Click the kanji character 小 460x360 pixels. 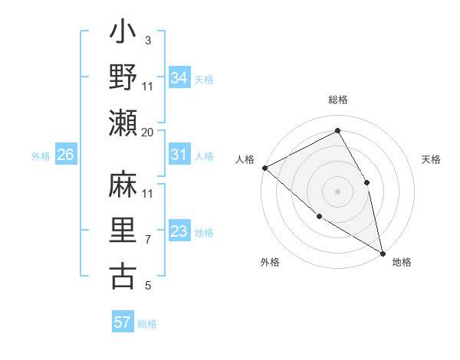(123, 34)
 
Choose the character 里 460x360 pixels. (123, 231)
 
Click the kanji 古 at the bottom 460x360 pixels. (123, 277)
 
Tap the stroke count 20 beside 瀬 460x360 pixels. (148, 132)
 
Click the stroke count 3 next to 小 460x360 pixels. (148, 39)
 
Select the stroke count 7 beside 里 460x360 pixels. (148, 240)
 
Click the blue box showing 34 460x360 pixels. (179, 77)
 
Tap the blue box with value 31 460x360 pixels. (179, 155)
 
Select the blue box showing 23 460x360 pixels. (179, 231)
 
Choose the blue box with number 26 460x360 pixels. (65, 155)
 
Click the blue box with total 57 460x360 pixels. (122, 322)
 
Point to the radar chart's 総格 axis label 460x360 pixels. (338, 100)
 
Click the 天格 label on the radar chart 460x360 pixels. (432, 159)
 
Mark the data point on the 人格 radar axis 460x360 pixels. (264, 167)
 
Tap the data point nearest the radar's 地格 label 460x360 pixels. (383, 252)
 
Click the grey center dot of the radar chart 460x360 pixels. (337, 191)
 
